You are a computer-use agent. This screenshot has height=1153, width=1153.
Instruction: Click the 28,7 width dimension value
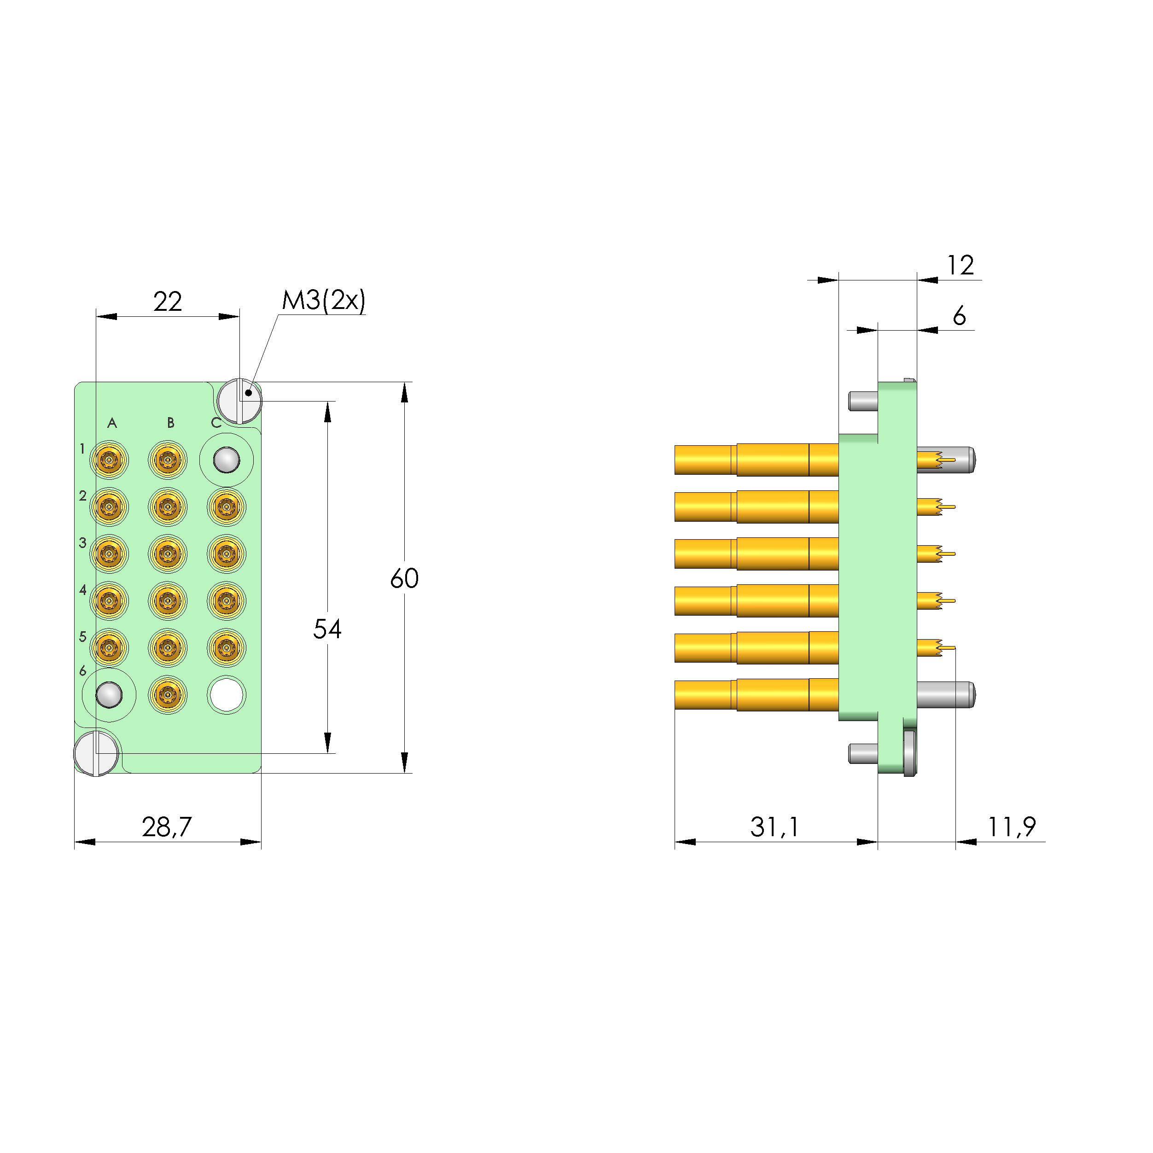click(x=167, y=827)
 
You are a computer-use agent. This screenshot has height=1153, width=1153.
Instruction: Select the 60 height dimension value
click(x=404, y=578)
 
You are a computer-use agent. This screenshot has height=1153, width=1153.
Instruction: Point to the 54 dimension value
click(x=327, y=629)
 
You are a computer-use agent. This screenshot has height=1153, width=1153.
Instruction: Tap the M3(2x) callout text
click(x=323, y=300)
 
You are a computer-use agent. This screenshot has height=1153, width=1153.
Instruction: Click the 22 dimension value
click(x=167, y=302)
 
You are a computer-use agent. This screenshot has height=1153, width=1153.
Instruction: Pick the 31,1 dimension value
click(x=774, y=827)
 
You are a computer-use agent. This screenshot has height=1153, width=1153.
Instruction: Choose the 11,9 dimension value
click(x=1011, y=827)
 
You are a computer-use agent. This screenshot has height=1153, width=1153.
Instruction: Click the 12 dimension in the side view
click(x=960, y=265)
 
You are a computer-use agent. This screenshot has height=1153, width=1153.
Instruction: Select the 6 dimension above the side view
click(x=959, y=315)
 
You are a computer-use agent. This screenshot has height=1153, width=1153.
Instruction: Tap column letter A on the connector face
click(x=111, y=423)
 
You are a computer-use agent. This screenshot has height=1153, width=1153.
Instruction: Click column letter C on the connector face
click(x=216, y=423)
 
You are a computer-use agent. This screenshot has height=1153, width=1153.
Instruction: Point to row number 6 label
click(x=82, y=671)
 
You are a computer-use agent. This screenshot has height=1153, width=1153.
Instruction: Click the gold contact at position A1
click(x=109, y=460)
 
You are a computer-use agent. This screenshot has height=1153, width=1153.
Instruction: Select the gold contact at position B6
click(x=168, y=695)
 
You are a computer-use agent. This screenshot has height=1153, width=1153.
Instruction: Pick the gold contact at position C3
click(x=226, y=554)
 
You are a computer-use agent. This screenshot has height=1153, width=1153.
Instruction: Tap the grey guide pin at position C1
click(x=226, y=460)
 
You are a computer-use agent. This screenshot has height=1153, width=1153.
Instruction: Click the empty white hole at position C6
click(x=226, y=695)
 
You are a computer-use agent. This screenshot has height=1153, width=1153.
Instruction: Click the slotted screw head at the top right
click(x=239, y=401)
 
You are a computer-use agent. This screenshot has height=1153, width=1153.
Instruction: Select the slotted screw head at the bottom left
click(x=96, y=753)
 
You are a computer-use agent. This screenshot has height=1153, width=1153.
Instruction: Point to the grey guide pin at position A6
click(x=109, y=695)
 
